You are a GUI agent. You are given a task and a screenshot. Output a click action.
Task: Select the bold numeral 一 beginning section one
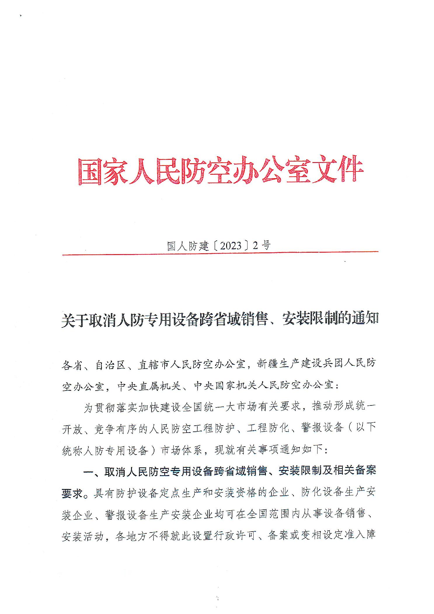(x=88, y=472)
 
